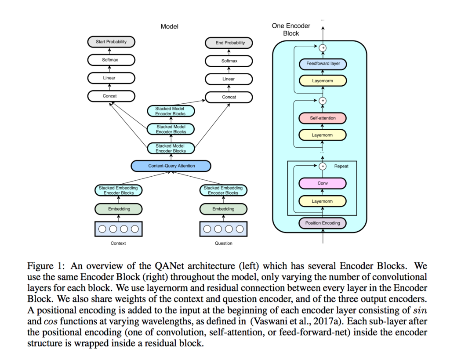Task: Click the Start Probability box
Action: (x=111, y=42)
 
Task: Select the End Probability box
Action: (x=229, y=43)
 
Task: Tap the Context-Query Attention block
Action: (x=171, y=166)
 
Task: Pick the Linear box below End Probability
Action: (x=229, y=79)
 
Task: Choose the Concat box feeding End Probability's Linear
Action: (x=229, y=97)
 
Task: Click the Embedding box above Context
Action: (x=119, y=209)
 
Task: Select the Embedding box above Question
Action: (x=223, y=209)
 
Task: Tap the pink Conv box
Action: (x=323, y=183)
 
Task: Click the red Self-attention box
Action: (x=323, y=118)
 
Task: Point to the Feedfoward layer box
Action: (x=323, y=64)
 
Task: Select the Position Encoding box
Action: (x=323, y=223)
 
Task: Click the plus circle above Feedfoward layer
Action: (x=323, y=47)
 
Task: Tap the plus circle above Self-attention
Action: (x=323, y=101)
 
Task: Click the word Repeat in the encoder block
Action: (x=341, y=166)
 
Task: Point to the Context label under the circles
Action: (x=118, y=243)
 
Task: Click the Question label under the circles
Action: (x=224, y=243)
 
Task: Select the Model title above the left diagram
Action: (x=169, y=26)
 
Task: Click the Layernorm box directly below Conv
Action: (x=323, y=201)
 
